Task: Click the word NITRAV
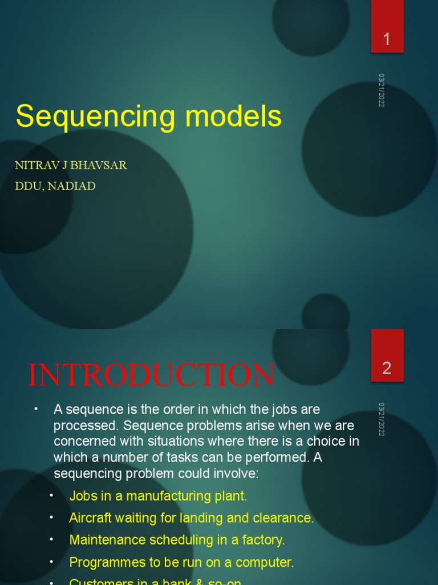tap(35, 166)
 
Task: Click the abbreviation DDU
tap(29, 186)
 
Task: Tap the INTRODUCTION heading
tap(152, 375)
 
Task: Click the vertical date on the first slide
tap(382, 90)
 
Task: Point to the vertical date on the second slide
tap(382, 419)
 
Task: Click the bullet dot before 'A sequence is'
tap(35, 409)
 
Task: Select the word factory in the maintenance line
tap(263, 540)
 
